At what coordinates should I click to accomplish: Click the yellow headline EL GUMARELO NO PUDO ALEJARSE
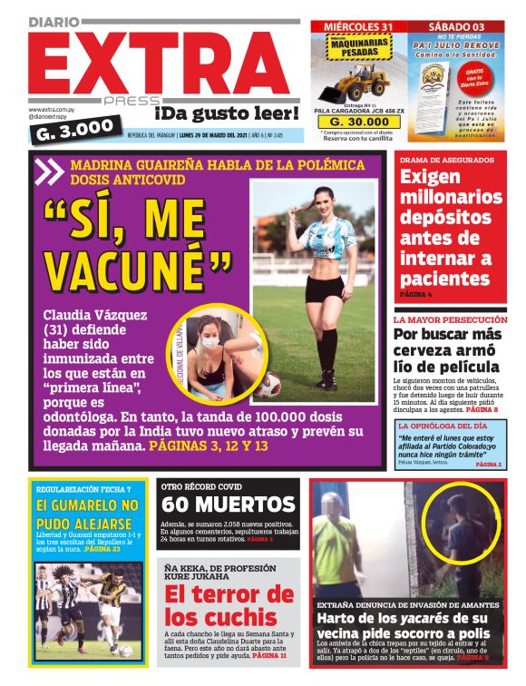pyautogui.click(x=88, y=516)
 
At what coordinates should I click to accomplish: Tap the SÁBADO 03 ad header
pyautogui.click(x=455, y=26)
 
